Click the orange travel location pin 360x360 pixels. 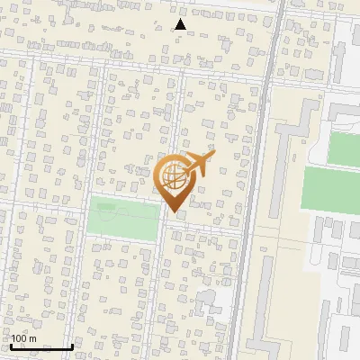tap(174, 180)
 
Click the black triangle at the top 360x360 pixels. tap(180, 24)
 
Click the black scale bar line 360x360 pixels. tap(41, 346)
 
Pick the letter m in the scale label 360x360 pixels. tap(32, 338)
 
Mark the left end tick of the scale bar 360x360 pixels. tap(11, 346)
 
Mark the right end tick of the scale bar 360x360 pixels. tap(72, 346)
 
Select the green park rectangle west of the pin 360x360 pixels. tap(124, 217)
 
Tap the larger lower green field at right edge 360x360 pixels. tap(329, 187)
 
